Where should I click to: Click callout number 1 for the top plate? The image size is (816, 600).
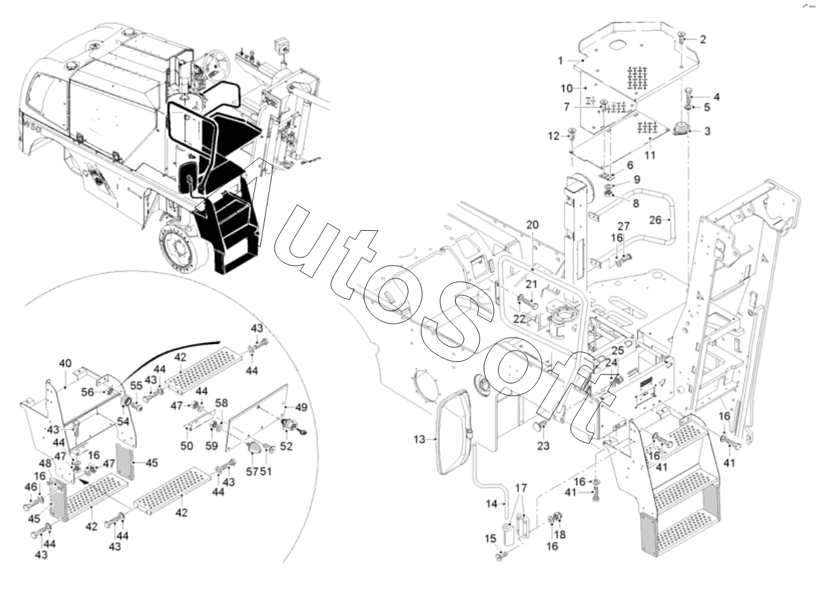click(x=560, y=61)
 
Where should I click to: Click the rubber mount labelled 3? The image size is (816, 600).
click(x=679, y=130)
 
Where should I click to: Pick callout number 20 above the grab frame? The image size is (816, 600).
click(x=533, y=224)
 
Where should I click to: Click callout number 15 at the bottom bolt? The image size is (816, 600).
click(x=490, y=539)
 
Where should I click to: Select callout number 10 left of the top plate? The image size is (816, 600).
click(x=567, y=89)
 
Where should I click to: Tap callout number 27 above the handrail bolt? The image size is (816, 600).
click(x=624, y=227)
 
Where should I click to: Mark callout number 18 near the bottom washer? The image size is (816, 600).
click(x=559, y=535)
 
